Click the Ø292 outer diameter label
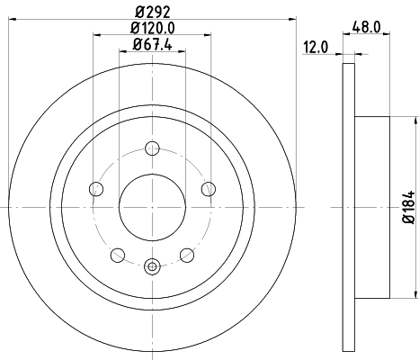coord(151,13)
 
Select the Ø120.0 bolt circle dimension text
coord(151,29)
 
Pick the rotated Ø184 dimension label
coord(406,207)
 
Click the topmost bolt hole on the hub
coord(152,148)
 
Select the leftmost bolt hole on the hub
coord(96,188)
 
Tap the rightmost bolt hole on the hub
coord(208,188)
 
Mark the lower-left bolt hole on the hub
coord(118,255)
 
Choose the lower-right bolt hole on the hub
coord(186,255)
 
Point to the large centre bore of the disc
coord(152,206)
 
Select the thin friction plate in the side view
coord(349,206)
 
